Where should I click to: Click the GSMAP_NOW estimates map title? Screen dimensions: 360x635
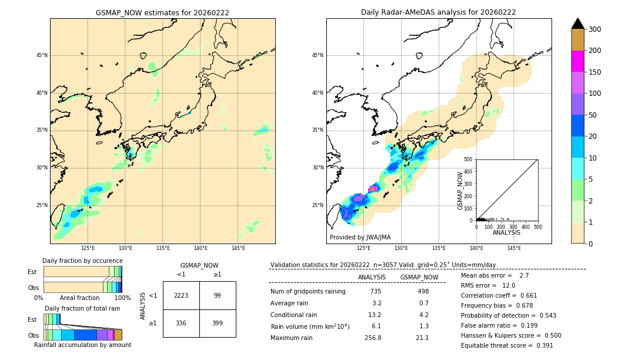(162, 12)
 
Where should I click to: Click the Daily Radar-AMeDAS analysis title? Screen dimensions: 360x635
(439, 12)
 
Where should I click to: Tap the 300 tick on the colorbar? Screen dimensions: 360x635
(594, 29)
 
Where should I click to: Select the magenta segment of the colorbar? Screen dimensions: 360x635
(578, 61)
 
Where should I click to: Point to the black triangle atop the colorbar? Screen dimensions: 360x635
(578, 24)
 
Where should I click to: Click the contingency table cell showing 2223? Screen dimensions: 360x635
(181, 295)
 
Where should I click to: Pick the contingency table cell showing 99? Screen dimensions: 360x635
(218, 295)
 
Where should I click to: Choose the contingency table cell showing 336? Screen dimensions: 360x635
(181, 323)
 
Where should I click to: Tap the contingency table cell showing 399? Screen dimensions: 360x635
(218, 323)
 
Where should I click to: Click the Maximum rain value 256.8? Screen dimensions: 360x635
(373, 338)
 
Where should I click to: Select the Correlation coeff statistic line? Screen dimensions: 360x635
(499, 295)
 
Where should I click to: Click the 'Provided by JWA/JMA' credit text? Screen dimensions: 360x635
(360, 237)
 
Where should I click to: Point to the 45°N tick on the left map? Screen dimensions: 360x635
(42, 55)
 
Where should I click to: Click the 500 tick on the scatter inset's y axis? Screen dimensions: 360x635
(468, 159)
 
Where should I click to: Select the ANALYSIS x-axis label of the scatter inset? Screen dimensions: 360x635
(506, 232)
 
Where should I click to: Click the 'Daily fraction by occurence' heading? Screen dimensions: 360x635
(82, 261)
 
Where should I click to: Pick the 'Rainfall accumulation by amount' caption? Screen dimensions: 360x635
(82, 345)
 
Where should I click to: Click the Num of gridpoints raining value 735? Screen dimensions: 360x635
(376, 291)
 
